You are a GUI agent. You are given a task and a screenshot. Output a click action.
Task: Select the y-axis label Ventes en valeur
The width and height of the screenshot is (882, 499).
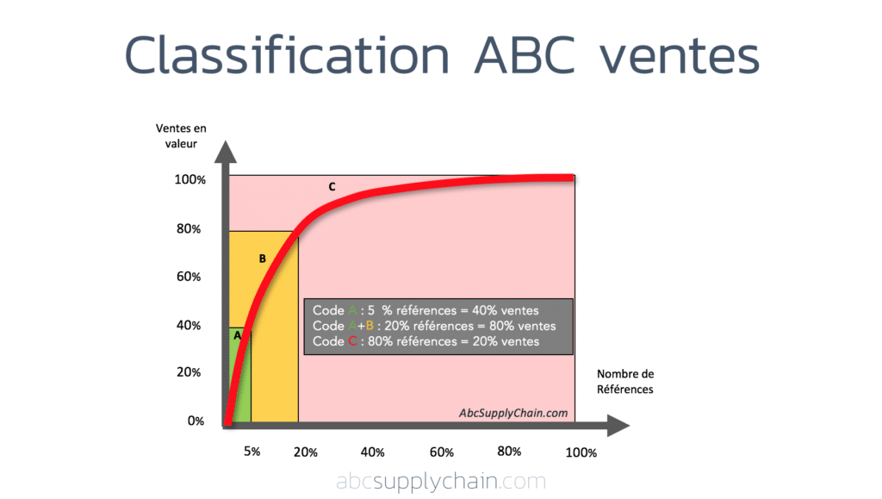(x=181, y=136)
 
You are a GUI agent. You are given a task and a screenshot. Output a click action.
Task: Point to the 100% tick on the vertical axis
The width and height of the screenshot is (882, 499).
(x=189, y=180)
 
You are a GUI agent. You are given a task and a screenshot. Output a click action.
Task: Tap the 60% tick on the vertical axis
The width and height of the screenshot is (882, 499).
(x=189, y=277)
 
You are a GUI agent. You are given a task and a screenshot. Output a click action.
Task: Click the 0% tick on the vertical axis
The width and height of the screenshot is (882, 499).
(x=196, y=421)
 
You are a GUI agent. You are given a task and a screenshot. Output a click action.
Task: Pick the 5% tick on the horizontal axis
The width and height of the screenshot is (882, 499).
(x=252, y=452)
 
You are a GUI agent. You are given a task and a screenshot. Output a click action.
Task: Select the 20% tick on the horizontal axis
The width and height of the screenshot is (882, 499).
(x=306, y=452)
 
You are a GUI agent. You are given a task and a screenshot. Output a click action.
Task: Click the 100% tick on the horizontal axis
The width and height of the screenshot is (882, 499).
(x=581, y=452)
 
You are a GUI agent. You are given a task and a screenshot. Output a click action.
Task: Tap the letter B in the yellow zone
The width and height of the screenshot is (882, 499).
(x=262, y=258)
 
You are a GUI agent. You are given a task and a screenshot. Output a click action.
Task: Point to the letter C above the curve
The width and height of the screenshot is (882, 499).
(x=332, y=186)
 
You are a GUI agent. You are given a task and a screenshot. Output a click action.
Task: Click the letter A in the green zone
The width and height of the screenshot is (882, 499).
(x=238, y=335)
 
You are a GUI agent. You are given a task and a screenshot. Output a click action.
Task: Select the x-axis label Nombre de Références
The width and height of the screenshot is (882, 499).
(x=625, y=381)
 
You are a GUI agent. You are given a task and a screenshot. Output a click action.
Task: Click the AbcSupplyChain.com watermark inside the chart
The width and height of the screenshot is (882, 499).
(x=513, y=413)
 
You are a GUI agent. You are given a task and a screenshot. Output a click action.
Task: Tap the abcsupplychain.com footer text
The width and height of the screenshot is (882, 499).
(x=441, y=481)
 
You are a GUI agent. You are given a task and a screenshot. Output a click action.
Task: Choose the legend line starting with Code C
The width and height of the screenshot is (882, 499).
(x=426, y=341)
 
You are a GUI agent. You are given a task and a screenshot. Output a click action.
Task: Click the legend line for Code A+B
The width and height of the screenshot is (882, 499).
(x=434, y=326)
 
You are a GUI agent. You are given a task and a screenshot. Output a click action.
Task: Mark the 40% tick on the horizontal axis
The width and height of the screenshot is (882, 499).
(x=372, y=452)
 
